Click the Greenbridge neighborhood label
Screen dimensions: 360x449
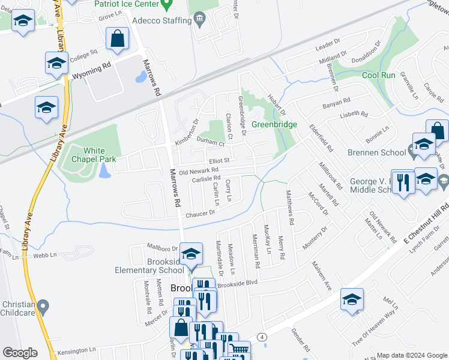[x=274, y=124]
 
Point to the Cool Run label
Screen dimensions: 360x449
[x=379, y=75]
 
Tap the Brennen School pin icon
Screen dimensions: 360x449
[x=412, y=152]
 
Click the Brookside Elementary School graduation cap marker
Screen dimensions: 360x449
[x=191, y=253]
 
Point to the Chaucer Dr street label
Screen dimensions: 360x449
[x=200, y=214]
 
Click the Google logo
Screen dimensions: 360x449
[x=20, y=353]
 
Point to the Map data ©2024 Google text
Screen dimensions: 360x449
[x=411, y=355]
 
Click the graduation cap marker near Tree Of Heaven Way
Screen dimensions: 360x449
[x=352, y=298]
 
